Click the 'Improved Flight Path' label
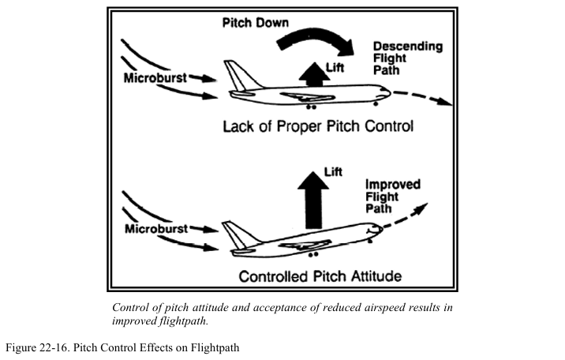coord(392,196)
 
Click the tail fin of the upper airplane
coord(236,76)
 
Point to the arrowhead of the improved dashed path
coord(424,207)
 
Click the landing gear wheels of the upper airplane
coord(312,106)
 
